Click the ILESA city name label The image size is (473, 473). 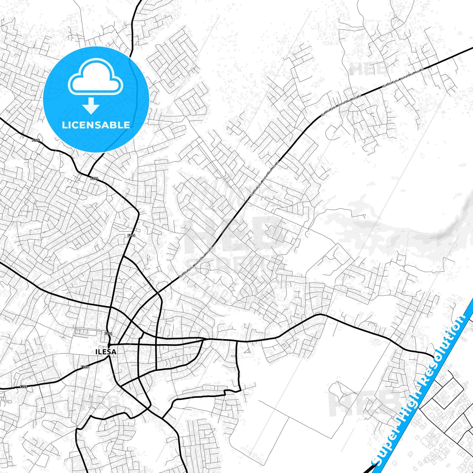click(x=105, y=352)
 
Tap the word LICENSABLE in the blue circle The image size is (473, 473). click(x=96, y=125)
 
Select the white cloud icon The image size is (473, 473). click(x=95, y=77)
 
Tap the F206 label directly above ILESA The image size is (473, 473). click(x=108, y=334)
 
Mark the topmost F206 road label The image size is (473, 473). click(x=36, y=140)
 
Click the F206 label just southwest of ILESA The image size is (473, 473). click(x=84, y=367)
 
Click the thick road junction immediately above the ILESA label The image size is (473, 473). click(x=109, y=345)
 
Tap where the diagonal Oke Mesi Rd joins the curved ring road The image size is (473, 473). click(x=158, y=292)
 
